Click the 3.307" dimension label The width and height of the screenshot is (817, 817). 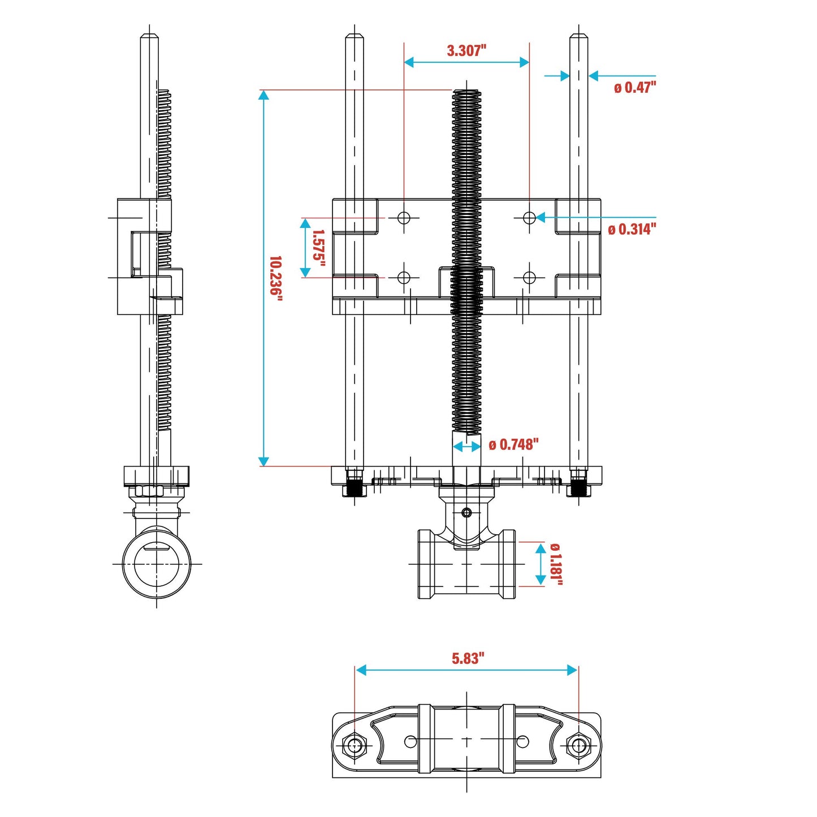(x=466, y=50)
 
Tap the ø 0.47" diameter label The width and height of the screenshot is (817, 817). (x=634, y=88)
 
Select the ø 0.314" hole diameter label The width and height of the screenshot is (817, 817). (x=632, y=229)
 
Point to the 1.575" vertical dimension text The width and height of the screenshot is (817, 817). (x=319, y=249)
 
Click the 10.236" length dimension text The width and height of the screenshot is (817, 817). (x=275, y=276)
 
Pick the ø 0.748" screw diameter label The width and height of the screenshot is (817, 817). (x=513, y=445)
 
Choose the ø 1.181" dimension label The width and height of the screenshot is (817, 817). (x=556, y=564)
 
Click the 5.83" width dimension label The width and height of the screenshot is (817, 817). (x=468, y=658)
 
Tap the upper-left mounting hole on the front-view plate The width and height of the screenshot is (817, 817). (x=404, y=218)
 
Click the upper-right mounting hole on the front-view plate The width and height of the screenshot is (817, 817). (x=529, y=218)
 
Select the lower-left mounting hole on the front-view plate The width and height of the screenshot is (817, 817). (x=404, y=278)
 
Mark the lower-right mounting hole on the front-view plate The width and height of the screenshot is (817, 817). (x=529, y=278)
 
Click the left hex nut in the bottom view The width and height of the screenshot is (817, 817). (x=355, y=745)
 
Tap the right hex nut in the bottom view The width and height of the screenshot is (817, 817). (x=578, y=745)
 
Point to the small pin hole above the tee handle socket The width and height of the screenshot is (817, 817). (x=466, y=513)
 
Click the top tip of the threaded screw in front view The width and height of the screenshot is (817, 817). (x=466, y=92)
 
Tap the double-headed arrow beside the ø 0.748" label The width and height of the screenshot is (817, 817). (x=467, y=447)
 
